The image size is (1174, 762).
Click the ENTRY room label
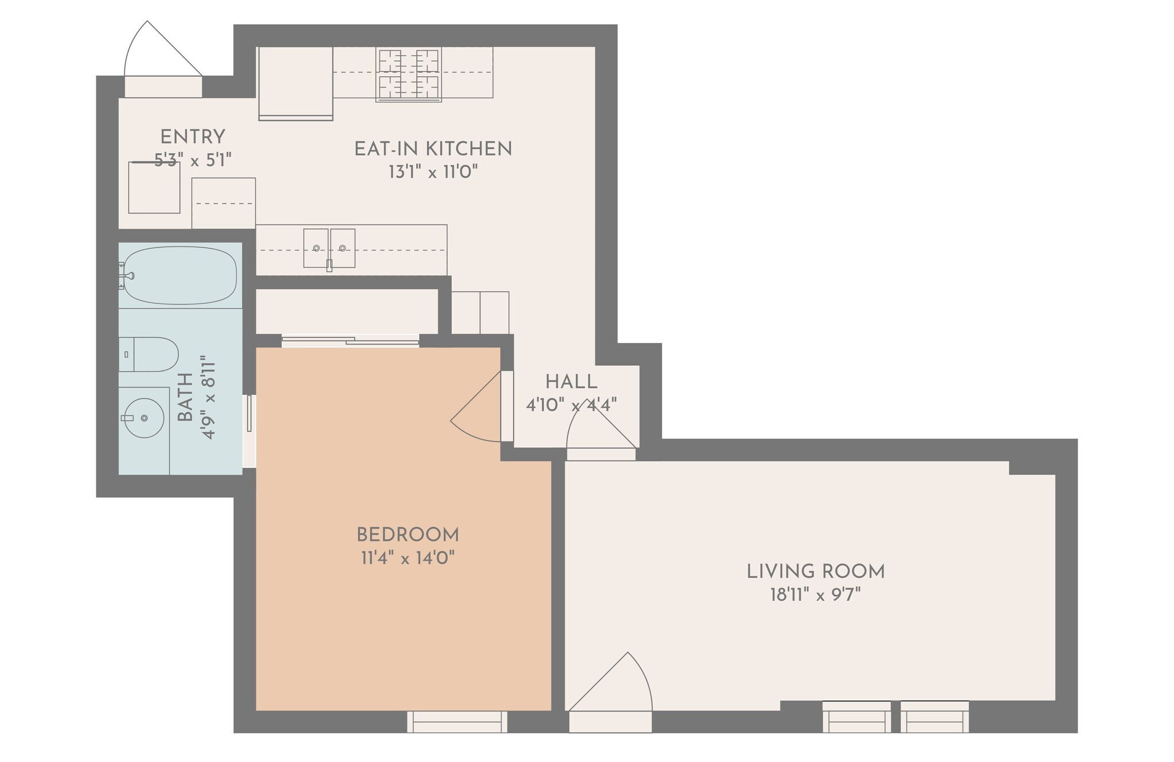point(193,137)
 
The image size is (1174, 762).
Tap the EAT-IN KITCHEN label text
point(433,149)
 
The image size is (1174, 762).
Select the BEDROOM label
point(408,535)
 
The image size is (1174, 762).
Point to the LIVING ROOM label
point(816,572)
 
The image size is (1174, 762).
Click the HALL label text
point(571,382)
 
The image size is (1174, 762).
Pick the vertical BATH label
point(185,397)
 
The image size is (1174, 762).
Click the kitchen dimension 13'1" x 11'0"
point(433,171)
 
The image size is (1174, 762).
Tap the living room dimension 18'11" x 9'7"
point(816,595)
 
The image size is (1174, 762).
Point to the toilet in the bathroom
point(148,354)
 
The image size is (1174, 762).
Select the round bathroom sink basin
point(144,418)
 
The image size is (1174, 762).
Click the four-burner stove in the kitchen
point(409,75)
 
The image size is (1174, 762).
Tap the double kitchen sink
point(329,248)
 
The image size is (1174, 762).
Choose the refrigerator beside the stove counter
point(296,84)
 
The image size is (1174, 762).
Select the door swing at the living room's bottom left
point(610,682)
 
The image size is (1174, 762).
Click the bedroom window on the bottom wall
point(457,722)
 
